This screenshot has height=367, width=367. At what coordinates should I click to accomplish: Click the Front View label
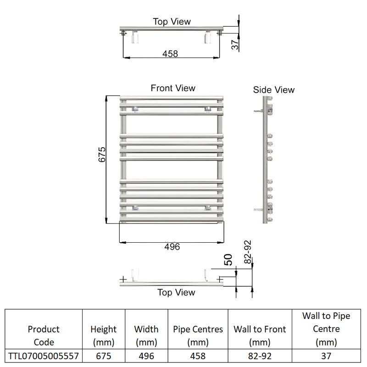(x=173, y=88)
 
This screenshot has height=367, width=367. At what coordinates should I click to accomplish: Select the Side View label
(x=273, y=90)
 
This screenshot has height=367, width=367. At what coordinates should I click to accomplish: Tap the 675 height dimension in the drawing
(x=102, y=155)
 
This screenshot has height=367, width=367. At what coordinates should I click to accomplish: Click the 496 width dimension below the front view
(x=172, y=247)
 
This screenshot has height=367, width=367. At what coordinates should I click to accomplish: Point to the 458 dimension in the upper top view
(x=170, y=54)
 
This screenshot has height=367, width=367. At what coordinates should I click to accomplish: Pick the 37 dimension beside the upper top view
(x=235, y=44)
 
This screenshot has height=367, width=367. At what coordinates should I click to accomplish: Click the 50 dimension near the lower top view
(x=228, y=260)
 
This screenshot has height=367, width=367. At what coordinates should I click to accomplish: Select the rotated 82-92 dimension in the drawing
(x=248, y=252)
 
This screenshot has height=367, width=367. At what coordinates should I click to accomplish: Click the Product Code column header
(x=44, y=336)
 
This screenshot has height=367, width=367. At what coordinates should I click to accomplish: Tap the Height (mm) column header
(x=104, y=336)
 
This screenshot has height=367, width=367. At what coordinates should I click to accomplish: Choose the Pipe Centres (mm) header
(x=198, y=336)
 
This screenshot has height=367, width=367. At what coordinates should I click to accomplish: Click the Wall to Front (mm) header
(x=260, y=336)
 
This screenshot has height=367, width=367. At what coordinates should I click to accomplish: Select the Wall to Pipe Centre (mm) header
(x=326, y=329)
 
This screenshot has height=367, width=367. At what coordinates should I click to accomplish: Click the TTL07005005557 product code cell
(x=44, y=356)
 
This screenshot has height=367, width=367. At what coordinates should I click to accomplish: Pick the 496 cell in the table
(x=146, y=356)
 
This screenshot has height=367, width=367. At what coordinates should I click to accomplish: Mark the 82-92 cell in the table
(x=260, y=356)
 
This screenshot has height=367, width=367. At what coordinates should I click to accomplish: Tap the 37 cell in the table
(x=326, y=356)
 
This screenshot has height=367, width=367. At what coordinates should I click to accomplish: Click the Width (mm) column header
(x=146, y=336)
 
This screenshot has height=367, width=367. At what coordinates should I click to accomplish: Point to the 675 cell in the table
(x=104, y=356)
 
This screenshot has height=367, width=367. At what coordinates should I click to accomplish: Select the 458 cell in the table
(x=198, y=356)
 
